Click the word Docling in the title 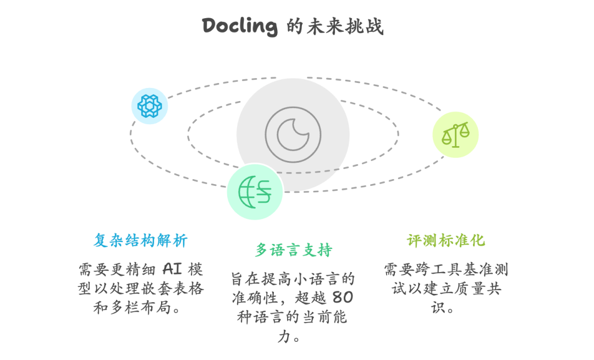[x=240, y=26]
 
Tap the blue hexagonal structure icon [x=150, y=106]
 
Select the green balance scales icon [x=455, y=135]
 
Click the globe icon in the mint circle [x=255, y=192]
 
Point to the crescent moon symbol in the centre [x=293, y=135]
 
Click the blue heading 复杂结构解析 [x=141, y=240]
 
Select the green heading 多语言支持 [x=294, y=250]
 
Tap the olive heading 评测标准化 [x=446, y=240]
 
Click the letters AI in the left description [x=172, y=269]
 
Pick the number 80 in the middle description [x=343, y=298]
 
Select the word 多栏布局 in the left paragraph [x=141, y=308]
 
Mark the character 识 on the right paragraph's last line [x=438, y=308]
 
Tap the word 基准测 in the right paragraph [x=486, y=269]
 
